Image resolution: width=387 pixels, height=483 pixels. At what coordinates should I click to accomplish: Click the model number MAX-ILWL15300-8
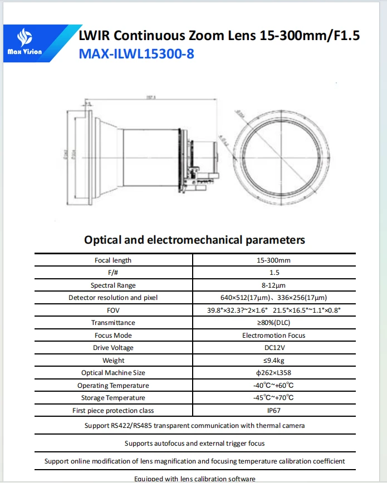coord(136,54)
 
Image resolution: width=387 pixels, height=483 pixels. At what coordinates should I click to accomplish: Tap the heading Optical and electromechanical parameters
coord(194,240)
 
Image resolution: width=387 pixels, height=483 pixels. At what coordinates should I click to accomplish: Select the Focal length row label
coord(113,260)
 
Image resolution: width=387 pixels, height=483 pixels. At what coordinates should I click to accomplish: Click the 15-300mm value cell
coord(273,260)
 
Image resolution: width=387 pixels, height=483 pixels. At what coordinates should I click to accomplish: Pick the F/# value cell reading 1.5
coord(273,273)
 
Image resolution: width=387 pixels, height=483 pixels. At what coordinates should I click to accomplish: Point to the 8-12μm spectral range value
coord(273,285)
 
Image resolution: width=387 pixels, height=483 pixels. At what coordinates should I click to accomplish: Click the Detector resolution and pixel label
coord(113,298)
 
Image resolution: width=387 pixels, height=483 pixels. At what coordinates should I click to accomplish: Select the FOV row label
coord(113,310)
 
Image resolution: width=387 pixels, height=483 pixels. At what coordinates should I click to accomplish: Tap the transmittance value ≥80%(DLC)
coord(273,323)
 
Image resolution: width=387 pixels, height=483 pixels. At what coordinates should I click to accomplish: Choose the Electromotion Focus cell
coord(273,335)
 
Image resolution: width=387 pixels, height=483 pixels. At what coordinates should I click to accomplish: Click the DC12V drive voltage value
coord(273,348)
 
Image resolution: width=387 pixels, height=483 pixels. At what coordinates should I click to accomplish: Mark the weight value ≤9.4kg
coord(273,360)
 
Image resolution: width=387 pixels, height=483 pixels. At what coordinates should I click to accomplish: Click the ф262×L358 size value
coord(273,373)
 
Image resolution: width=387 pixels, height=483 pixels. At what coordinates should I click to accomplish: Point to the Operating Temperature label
coord(113,385)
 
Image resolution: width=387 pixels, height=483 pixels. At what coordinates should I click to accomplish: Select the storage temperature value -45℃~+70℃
coord(273,398)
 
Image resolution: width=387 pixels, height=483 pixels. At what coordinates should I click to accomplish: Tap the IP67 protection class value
coord(273,410)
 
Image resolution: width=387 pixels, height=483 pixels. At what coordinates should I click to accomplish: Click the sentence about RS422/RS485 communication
coord(194,426)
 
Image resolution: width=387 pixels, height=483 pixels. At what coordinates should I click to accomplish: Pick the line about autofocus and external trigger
coord(194,443)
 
